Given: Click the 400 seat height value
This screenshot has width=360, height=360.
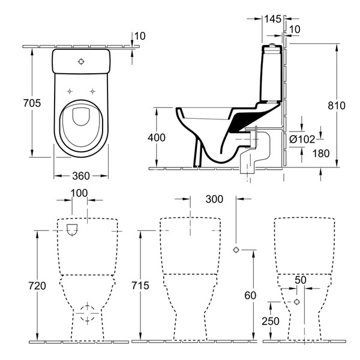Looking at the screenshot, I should click(x=158, y=137).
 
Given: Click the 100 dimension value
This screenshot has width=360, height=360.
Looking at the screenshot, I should click(x=79, y=193).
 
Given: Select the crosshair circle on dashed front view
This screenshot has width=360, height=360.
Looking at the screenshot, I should click(x=89, y=311).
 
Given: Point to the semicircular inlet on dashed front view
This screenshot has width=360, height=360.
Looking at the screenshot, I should click(x=73, y=231).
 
